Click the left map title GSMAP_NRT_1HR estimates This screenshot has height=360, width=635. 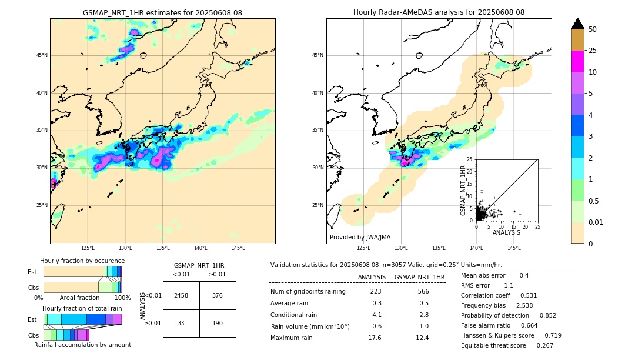tap(162, 12)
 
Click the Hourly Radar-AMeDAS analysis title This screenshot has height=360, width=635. tap(439, 12)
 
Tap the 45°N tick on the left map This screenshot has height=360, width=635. tap(42, 55)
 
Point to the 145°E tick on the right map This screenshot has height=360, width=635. tap(514, 248)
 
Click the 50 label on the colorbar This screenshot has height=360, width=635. tap(593, 29)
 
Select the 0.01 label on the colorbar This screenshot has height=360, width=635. tap(596, 222)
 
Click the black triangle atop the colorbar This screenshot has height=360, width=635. tap(578, 24)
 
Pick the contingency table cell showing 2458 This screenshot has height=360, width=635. tap(181, 295)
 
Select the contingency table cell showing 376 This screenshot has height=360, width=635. tap(218, 295)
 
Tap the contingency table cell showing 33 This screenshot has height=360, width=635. tap(181, 323)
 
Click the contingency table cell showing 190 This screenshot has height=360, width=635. tap(218, 323)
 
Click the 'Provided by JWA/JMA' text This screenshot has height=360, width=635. tap(360, 237)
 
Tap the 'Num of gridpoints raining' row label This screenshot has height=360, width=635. tap(308, 292)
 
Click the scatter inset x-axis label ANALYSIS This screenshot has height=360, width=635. tap(506, 232)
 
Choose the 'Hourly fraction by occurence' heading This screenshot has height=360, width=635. tap(82, 261)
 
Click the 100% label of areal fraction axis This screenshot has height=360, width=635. tap(122, 298)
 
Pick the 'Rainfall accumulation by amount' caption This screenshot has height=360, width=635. tap(82, 345)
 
